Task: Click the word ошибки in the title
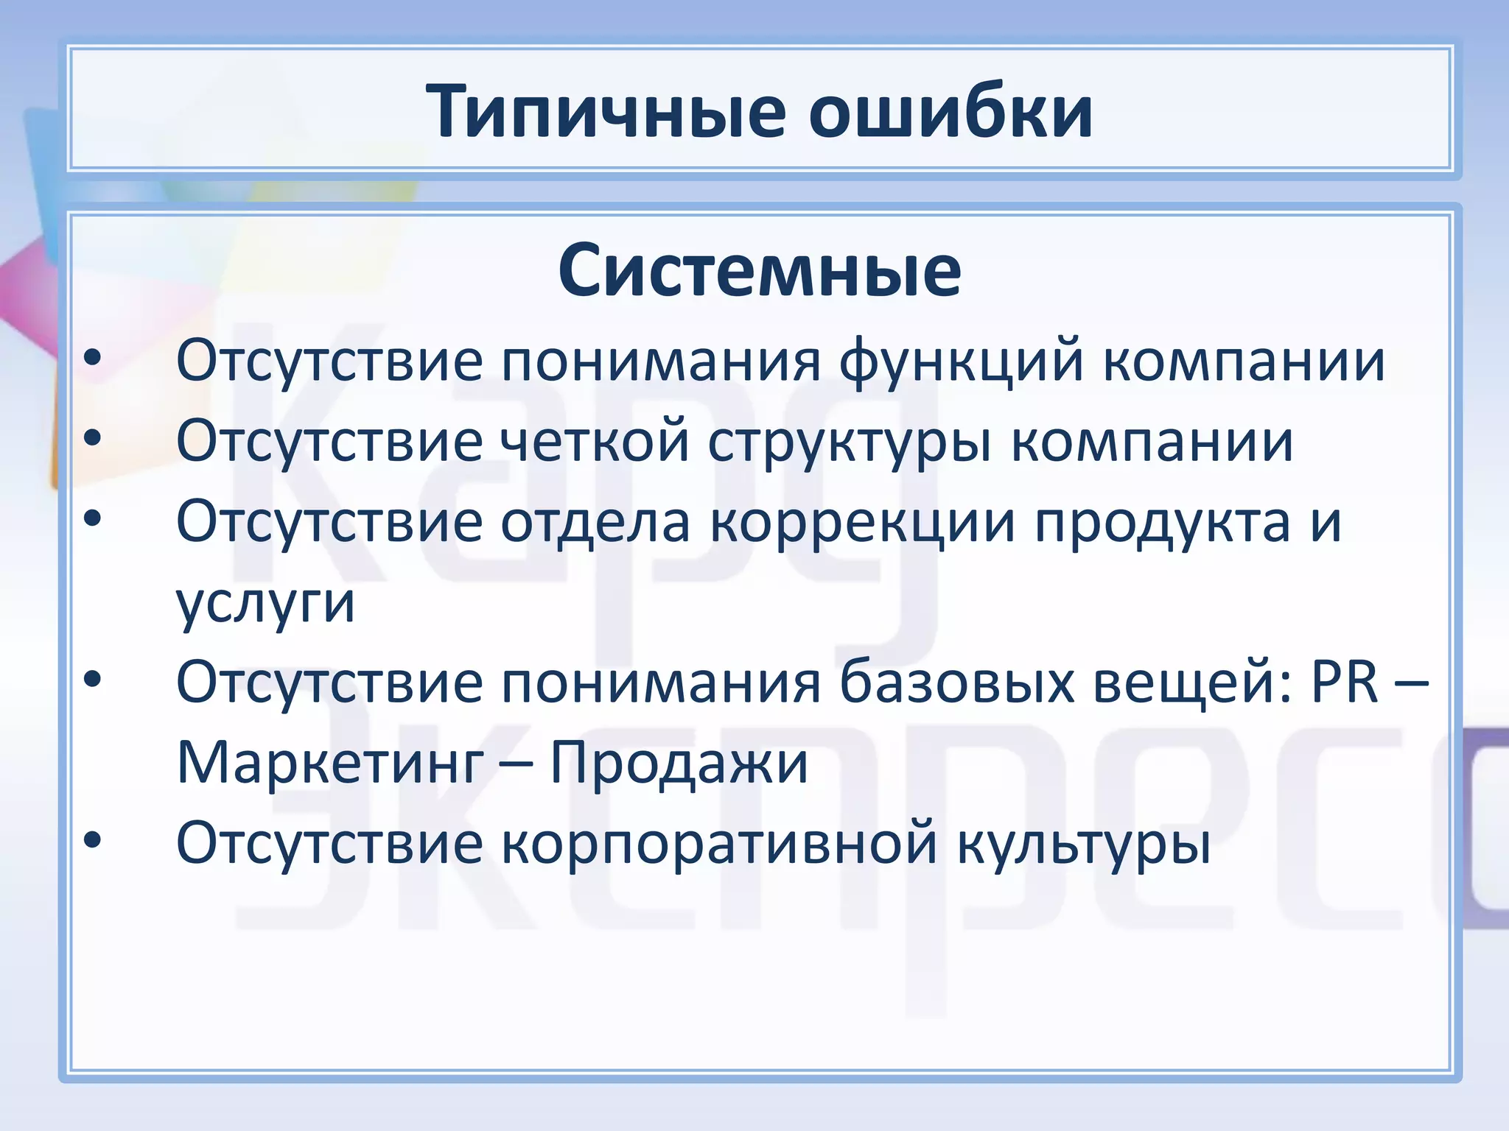tap(950, 113)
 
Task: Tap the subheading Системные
tap(760, 271)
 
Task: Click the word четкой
tap(595, 442)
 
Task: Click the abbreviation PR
tap(1344, 682)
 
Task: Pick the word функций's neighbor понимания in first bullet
tap(661, 362)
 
